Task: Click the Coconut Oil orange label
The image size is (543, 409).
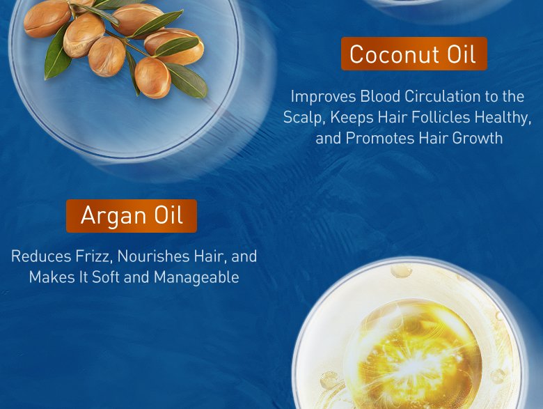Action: click(x=414, y=54)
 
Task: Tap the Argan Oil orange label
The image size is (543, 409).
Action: click(x=132, y=215)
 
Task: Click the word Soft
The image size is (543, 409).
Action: click(x=113, y=277)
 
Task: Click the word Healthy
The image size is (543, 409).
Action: click(x=505, y=117)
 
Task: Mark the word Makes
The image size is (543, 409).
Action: click(x=50, y=277)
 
